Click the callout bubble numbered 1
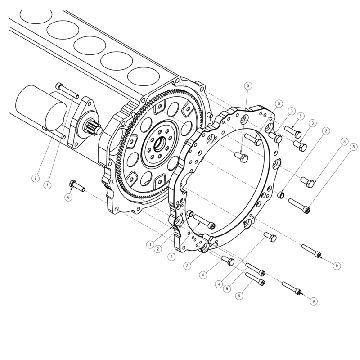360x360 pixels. click(150, 244)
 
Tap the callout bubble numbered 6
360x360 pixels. click(69, 197)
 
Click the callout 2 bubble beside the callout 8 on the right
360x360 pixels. click(325, 130)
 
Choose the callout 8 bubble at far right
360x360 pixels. click(353, 147)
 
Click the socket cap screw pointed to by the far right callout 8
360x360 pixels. click(299, 205)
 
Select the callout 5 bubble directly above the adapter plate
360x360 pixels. click(279, 103)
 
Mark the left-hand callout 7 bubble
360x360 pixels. click(35, 178)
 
